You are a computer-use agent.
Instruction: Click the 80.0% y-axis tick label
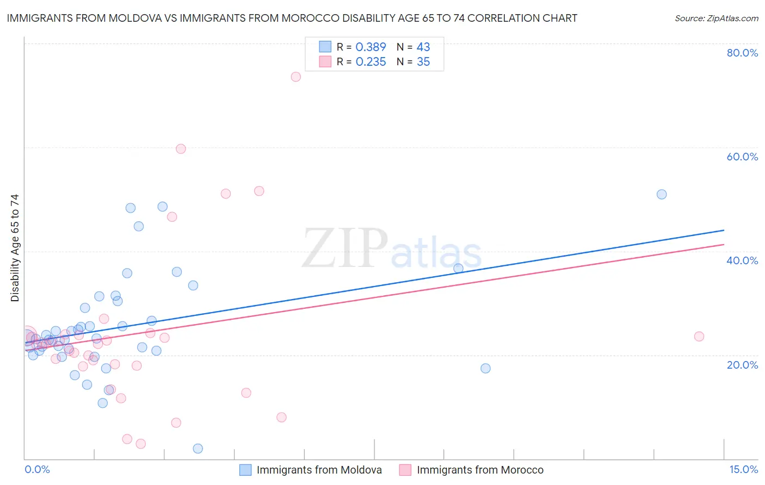click(742, 53)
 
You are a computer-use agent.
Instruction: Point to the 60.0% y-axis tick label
click(742, 157)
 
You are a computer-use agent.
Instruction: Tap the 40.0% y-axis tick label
click(742, 260)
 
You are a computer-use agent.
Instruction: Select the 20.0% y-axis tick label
click(742, 364)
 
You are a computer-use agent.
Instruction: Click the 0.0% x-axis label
click(37, 469)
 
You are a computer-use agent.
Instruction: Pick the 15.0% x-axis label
click(743, 469)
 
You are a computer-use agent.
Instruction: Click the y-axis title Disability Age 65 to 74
click(15, 247)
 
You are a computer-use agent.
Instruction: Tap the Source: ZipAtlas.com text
click(716, 18)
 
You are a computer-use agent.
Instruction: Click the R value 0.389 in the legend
click(371, 47)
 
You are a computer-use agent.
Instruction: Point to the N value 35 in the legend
click(423, 62)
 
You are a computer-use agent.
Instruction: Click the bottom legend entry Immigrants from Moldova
click(319, 470)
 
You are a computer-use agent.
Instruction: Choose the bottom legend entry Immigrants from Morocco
click(480, 470)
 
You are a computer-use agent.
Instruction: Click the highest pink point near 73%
click(295, 77)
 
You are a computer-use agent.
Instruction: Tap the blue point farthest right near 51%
click(662, 194)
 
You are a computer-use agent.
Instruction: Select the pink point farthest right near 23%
click(699, 337)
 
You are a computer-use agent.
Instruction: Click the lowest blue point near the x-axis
click(198, 449)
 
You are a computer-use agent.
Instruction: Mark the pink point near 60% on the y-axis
click(181, 149)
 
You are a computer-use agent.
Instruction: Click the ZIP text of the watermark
click(345, 248)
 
